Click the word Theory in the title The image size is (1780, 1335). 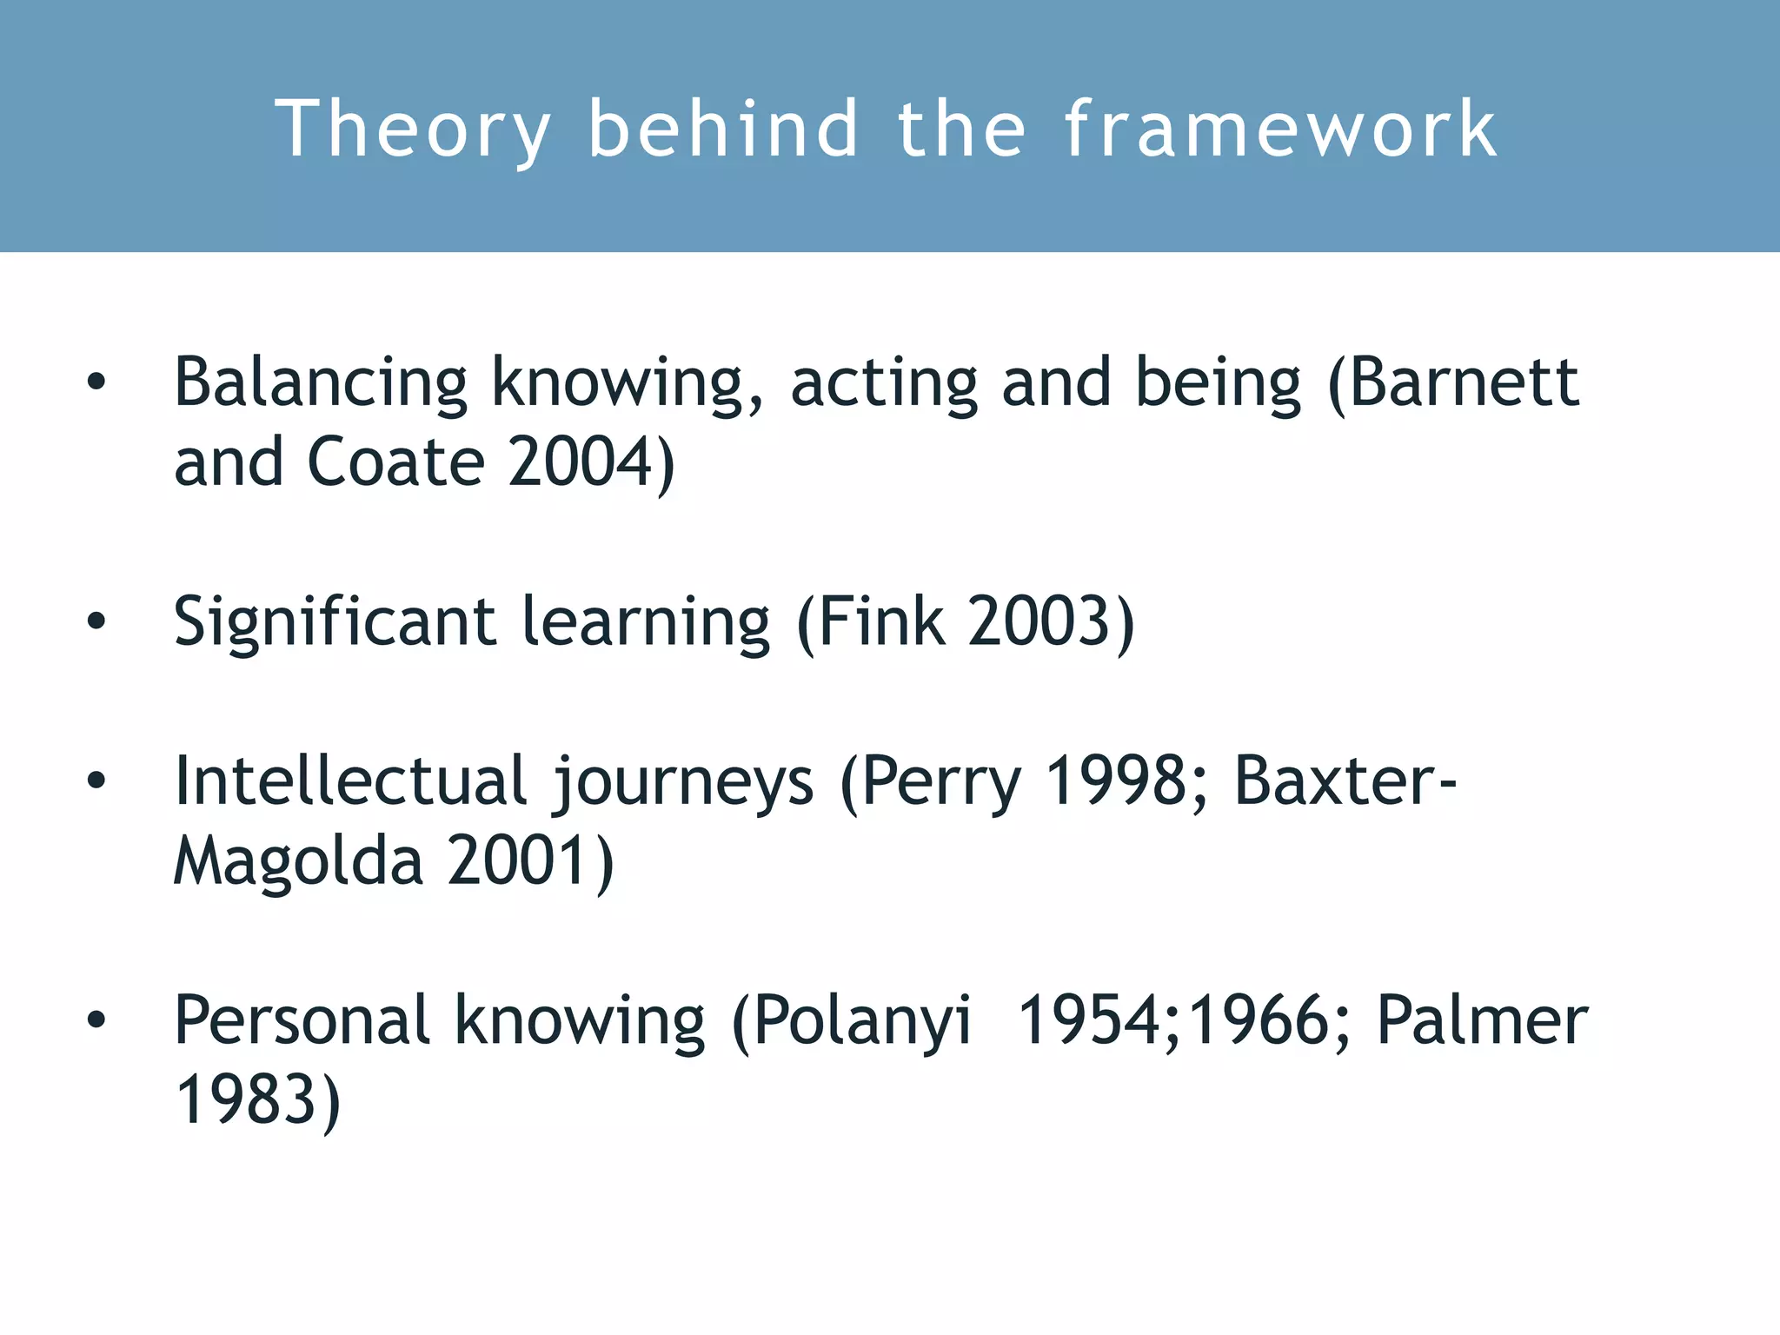click(x=412, y=130)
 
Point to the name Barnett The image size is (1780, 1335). click(x=1464, y=382)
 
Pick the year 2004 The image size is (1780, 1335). click(x=581, y=462)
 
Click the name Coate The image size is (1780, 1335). click(x=396, y=462)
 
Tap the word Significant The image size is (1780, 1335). click(x=335, y=622)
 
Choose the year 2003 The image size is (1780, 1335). click(x=1039, y=621)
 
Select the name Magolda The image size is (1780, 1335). click(x=298, y=861)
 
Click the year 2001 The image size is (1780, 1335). click(x=516, y=860)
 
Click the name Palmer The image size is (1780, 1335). click(x=1482, y=1020)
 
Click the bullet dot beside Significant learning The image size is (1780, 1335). click(x=96, y=621)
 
